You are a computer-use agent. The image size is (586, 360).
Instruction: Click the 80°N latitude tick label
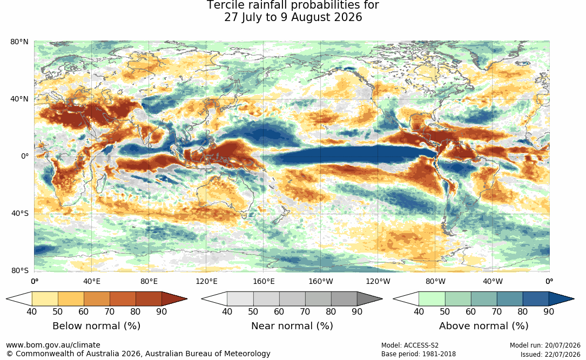click(19, 42)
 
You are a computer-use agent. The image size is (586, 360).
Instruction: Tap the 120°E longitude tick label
click(206, 281)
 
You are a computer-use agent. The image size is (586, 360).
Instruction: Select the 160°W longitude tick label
click(321, 281)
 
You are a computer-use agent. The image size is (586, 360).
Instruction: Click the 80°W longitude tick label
click(435, 281)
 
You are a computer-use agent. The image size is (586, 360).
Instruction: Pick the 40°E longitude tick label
click(92, 281)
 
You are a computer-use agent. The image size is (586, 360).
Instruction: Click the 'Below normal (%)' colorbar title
click(97, 326)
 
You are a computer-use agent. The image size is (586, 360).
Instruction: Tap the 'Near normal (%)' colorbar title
click(292, 326)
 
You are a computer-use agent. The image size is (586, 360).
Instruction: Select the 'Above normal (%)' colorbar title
click(483, 326)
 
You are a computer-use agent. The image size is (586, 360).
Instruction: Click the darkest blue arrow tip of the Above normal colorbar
click(574, 299)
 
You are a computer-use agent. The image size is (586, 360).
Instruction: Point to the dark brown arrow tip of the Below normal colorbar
click(187, 299)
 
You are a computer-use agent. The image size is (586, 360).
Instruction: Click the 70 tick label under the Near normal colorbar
click(305, 311)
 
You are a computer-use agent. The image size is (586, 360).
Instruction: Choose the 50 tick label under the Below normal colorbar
click(58, 311)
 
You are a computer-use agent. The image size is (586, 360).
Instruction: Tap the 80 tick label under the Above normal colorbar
click(522, 311)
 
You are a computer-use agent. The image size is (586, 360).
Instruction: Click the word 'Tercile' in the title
click(225, 5)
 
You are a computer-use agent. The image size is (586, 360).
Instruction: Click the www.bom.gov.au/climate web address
click(53, 345)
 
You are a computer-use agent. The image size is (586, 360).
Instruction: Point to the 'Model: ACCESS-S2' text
click(410, 345)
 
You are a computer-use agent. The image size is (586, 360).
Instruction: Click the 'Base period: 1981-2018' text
click(419, 354)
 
